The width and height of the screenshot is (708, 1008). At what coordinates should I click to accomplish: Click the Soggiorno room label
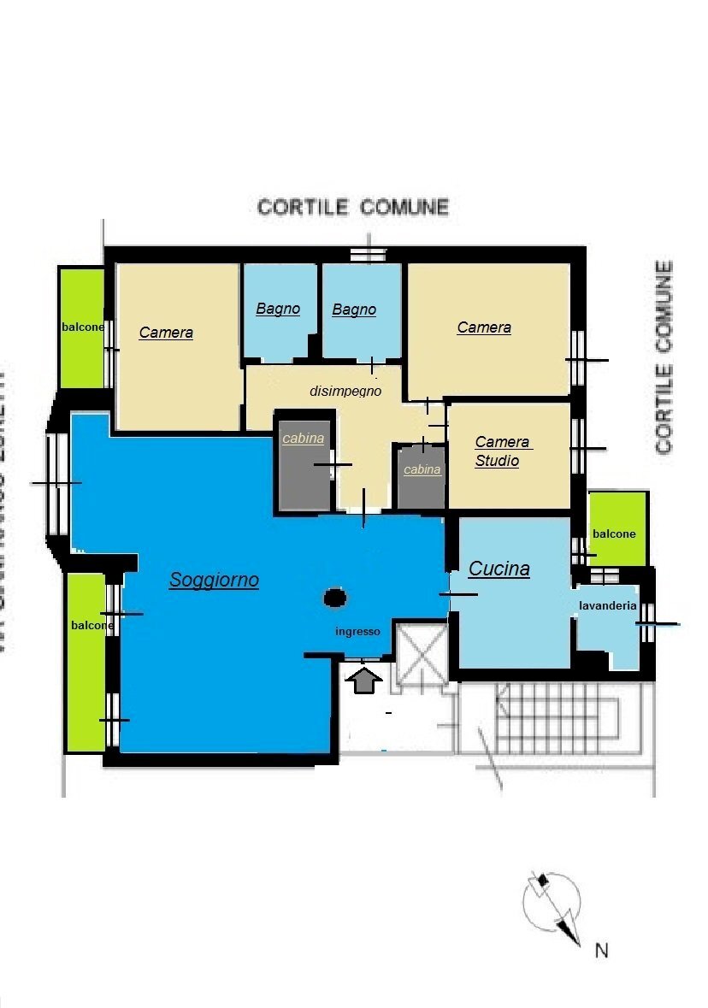[x=214, y=580]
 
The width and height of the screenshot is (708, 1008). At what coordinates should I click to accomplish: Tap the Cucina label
[x=499, y=569]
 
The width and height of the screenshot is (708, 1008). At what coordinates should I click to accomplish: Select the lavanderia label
[x=607, y=605]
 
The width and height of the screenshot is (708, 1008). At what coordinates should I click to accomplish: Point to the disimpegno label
[x=345, y=391]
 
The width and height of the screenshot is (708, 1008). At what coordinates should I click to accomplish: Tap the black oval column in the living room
[x=335, y=598]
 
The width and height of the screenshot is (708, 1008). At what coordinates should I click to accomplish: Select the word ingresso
[x=357, y=632]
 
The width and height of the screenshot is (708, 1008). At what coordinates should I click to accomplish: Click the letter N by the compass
[x=601, y=950]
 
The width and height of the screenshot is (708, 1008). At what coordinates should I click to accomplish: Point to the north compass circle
[x=552, y=903]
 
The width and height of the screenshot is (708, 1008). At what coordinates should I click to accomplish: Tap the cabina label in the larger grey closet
[x=304, y=439]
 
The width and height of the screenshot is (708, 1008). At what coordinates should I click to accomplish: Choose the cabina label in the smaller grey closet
[x=422, y=469]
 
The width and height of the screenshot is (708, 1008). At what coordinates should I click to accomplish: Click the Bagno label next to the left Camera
[x=278, y=309]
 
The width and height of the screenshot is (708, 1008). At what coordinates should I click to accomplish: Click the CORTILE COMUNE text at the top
[x=353, y=207]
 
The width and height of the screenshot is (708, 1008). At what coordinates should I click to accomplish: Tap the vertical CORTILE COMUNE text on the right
[x=664, y=357]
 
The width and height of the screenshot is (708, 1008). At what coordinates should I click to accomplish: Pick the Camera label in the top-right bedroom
[x=484, y=327]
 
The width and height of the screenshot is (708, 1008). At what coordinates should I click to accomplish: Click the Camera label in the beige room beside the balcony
[x=166, y=333]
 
